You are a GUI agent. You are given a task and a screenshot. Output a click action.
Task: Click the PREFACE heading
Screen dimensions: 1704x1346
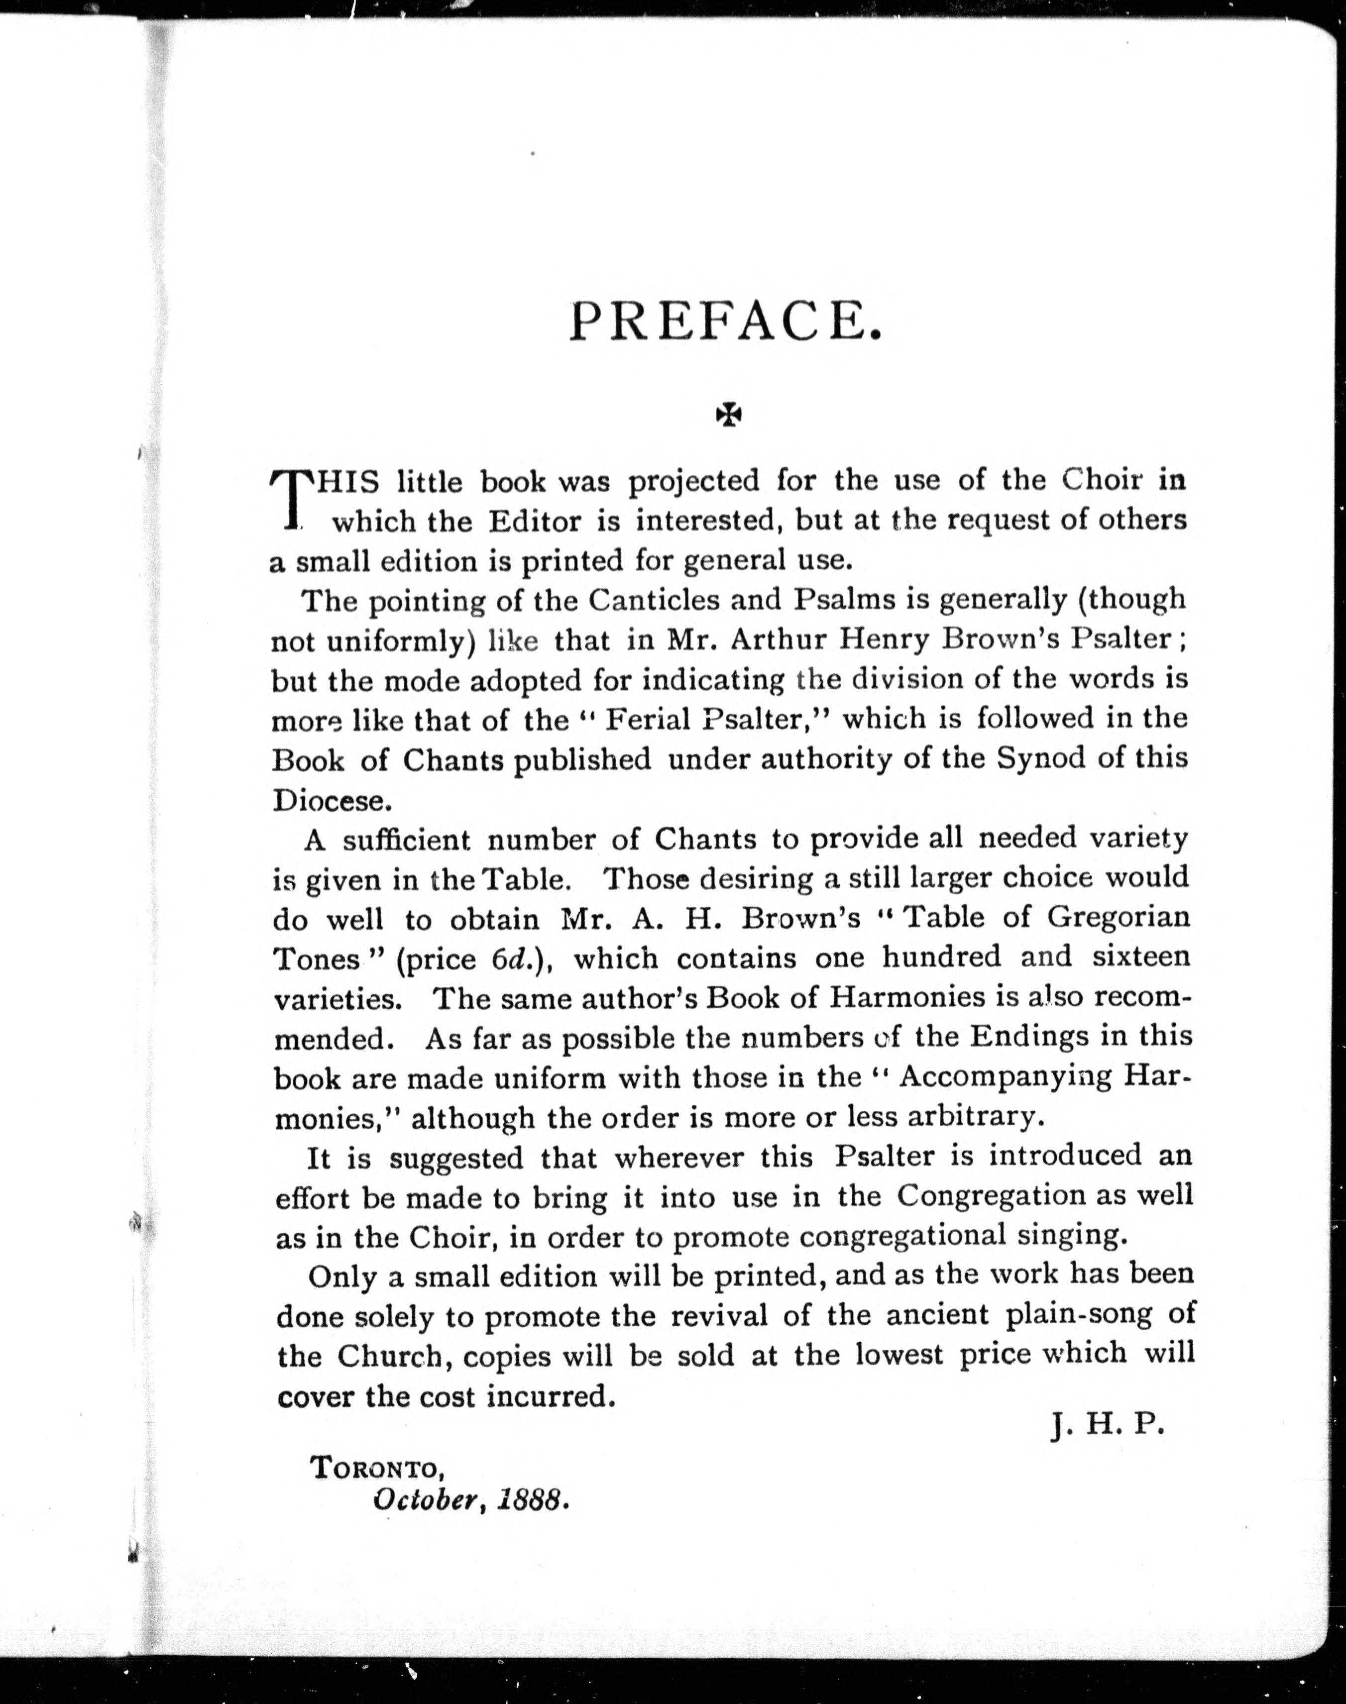[x=724, y=321]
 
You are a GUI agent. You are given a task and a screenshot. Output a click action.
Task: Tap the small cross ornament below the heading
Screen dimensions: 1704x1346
[x=729, y=415]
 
